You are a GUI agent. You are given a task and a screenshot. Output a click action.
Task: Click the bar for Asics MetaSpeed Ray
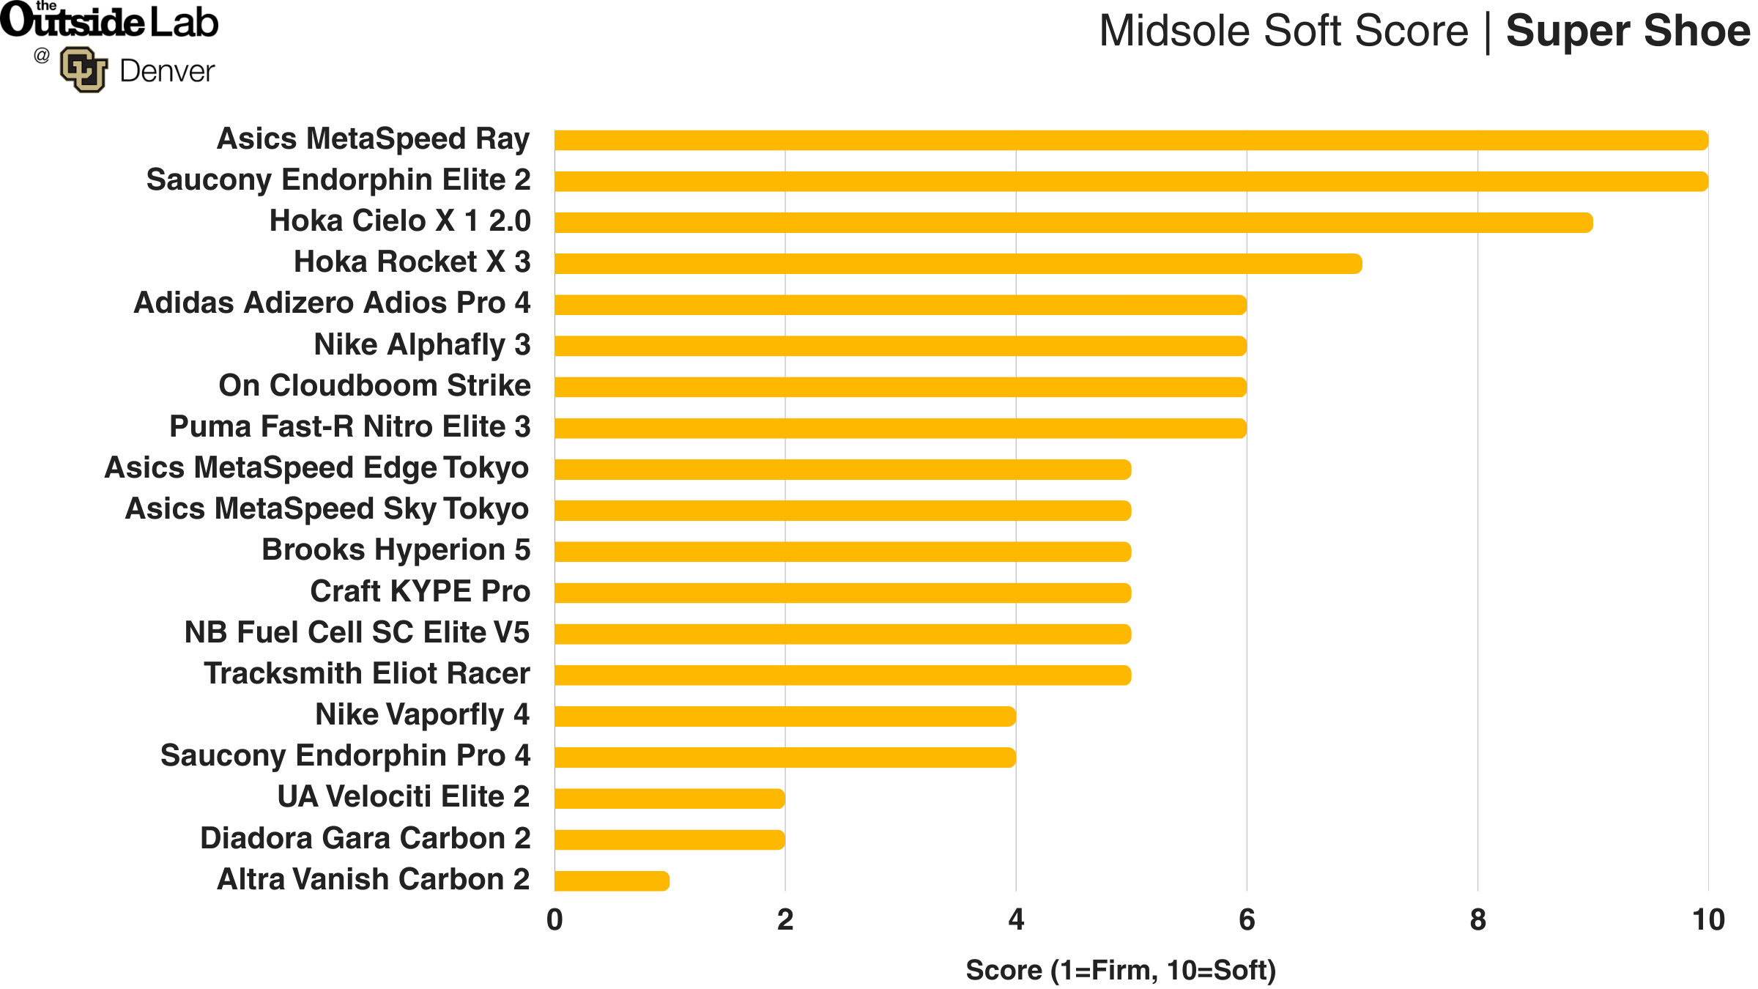1131,140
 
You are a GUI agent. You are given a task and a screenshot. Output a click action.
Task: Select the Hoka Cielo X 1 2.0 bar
1073,223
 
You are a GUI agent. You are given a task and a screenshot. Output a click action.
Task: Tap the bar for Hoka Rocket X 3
958,264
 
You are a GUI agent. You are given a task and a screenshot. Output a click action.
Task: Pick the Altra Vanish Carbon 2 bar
612,881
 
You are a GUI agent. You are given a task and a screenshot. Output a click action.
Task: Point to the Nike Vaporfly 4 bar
785,716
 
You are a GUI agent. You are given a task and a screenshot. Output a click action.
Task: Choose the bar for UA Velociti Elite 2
670,799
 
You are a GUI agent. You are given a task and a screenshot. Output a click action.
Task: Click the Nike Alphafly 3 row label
422,344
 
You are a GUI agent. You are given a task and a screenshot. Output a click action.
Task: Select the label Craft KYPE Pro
420,591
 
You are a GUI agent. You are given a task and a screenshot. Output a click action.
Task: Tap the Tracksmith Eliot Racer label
366,673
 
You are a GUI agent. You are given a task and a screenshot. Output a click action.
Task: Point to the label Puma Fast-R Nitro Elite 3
349,426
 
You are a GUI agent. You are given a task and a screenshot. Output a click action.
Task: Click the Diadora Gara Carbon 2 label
365,838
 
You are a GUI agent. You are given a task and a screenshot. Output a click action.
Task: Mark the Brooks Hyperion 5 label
396,550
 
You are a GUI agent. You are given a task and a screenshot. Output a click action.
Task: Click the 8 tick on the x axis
1477,920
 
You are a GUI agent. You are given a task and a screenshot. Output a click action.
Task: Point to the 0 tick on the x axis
555,920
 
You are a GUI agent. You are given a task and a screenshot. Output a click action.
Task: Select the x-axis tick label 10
1708,920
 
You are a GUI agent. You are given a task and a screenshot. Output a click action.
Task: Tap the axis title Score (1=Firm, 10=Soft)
1121,970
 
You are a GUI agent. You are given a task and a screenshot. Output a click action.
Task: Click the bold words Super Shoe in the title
1628,31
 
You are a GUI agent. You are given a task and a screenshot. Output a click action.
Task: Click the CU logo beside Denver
83,70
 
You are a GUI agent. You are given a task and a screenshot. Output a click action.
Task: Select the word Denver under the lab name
167,72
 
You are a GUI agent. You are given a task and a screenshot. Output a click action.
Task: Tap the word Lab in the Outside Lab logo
184,23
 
